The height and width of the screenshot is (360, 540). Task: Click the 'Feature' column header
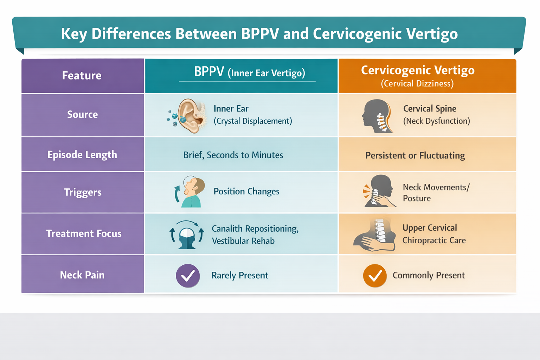pos(82,76)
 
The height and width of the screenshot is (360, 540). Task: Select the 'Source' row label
pos(83,115)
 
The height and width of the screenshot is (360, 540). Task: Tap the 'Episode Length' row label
pos(82,155)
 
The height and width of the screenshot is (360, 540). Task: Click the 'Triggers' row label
pos(83,192)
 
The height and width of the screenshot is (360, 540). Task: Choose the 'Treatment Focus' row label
pos(84,233)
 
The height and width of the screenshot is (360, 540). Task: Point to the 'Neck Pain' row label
pos(82,275)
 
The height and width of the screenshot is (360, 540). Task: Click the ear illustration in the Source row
pos(190,116)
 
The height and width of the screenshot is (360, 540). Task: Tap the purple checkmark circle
pos(188,276)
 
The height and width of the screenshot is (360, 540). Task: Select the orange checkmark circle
pos(375,276)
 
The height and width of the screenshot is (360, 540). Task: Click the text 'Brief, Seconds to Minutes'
pos(233,155)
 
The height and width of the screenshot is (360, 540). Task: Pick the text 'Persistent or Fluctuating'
pos(415,155)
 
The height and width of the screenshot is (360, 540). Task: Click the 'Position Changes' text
pos(246,191)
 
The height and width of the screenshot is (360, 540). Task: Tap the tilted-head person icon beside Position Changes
pos(191,192)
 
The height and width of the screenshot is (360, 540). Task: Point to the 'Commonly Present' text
pos(429,275)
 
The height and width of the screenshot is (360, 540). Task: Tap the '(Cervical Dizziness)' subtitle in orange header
pos(417,84)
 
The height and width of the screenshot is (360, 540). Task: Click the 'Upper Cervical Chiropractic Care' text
pos(434,234)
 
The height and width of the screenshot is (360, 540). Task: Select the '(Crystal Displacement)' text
pos(253,121)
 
